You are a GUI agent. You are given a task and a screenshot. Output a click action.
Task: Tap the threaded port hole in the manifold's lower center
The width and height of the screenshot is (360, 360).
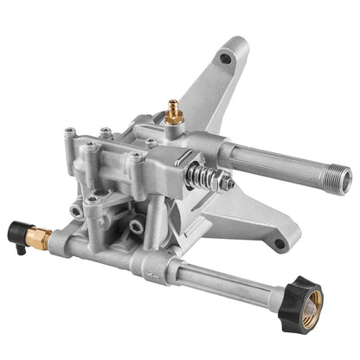tap(137, 228)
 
